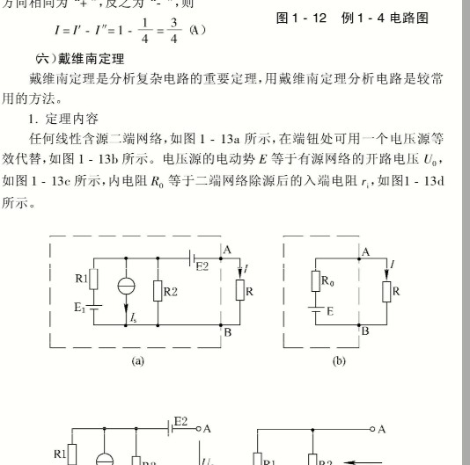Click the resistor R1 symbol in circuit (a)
pyautogui.click(x=94, y=281)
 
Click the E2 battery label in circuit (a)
pyautogui.click(x=202, y=265)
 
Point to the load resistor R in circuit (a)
pyautogui.click(x=238, y=291)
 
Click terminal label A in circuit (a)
pyautogui.click(x=227, y=251)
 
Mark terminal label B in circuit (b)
pyautogui.click(x=365, y=331)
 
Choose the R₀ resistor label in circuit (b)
pyautogui.click(x=327, y=281)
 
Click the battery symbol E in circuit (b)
pyautogui.click(x=315, y=310)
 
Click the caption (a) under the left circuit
pyautogui.click(x=137, y=360)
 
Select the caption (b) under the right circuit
pyautogui.click(x=339, y=360)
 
